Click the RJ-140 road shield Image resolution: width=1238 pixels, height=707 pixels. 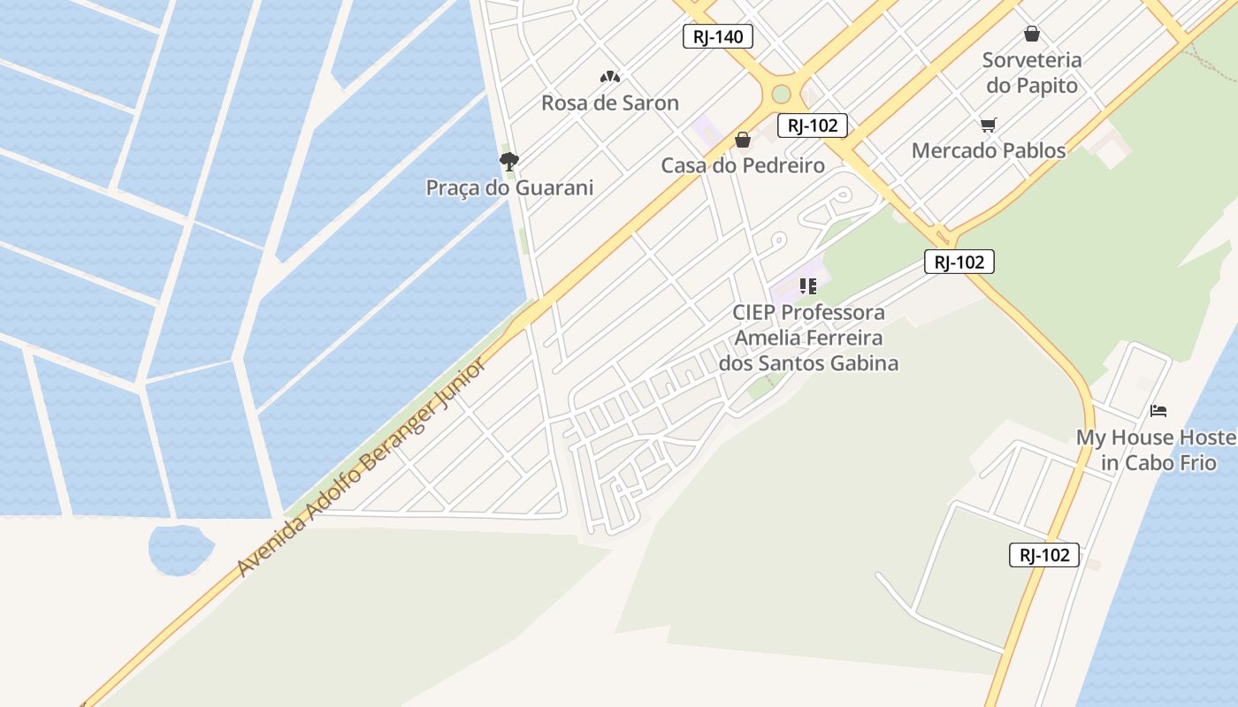(718, 36)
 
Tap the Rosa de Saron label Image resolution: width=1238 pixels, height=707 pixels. (609, 103)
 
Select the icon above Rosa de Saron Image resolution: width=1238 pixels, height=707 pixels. (609, 77)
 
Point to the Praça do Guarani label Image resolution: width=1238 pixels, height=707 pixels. (509, 187)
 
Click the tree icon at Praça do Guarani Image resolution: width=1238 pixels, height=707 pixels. (508, 161)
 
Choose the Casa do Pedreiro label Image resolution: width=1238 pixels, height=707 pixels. (743, 165)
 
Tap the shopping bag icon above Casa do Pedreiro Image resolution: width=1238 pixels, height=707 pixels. (743, 140)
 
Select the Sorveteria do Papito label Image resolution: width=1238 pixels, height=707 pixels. (1032, 72)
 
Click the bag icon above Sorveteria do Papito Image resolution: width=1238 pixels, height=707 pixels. (1031, 34)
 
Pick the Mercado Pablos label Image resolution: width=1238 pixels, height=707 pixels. (988, 150)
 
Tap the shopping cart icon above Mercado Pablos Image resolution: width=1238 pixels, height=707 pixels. (988, 125)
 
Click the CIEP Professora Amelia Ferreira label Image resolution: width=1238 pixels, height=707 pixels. (808, 338)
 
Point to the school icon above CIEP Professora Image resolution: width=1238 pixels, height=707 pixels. (807, 285)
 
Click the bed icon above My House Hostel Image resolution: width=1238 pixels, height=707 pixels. (1158, 410)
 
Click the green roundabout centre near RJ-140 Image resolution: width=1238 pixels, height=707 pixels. (781, 94)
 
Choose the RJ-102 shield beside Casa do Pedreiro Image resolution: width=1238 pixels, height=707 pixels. (812, 125)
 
